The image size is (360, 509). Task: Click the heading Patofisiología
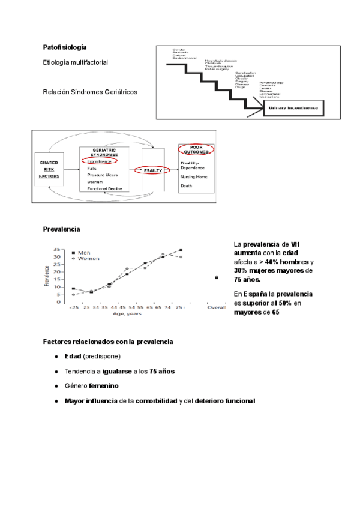[x=65, y=47]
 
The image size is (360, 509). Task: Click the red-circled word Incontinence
[x=100, y=161]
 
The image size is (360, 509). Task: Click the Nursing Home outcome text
[x=194, y=177]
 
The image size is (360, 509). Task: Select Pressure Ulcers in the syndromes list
[x=103, y=175]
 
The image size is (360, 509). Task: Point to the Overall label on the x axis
[x=217, y=307]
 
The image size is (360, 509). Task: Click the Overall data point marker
[x=217, y=277]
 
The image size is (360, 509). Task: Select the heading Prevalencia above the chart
[x=61, y=229]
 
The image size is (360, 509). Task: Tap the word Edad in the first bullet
[x=73, y=357]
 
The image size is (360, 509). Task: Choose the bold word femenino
[x=105, y=385]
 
